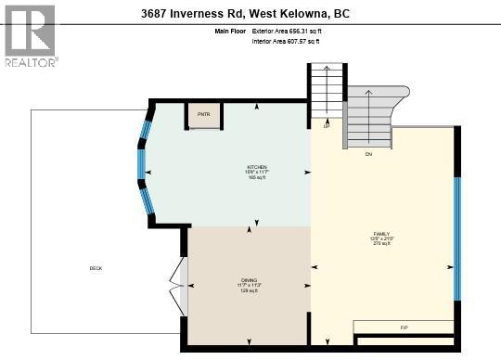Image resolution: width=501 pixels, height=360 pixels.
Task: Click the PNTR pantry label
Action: pos(203,116)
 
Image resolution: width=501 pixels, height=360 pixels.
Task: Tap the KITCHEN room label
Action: pos(256,167)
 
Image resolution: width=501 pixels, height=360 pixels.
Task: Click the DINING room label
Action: pos(248,279)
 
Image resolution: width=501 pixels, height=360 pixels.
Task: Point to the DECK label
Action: pos(96,268)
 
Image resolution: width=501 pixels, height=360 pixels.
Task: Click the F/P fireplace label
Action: pos(404,328)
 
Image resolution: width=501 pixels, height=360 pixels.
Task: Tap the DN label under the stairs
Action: pos(368,153)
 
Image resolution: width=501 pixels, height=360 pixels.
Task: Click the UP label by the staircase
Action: pos(326,128)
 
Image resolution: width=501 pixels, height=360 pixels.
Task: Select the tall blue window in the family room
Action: pos(456,238)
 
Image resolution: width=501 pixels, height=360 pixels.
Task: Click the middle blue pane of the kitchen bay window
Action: pos(141,163)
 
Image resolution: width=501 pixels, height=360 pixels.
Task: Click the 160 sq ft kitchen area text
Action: pos(256,177)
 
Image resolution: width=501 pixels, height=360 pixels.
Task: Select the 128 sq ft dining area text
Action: pos(248,290)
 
